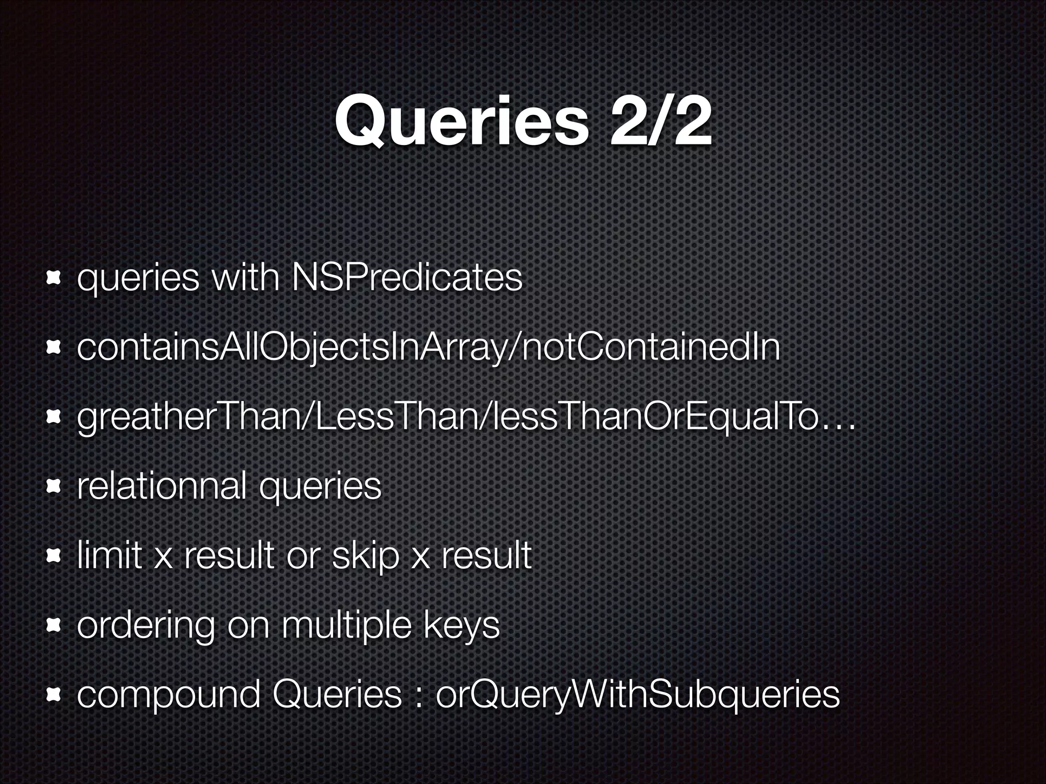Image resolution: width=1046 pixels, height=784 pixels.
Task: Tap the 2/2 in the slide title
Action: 659,122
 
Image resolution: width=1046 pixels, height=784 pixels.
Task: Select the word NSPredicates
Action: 407,278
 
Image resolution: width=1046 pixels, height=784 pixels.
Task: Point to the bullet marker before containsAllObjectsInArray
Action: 53,348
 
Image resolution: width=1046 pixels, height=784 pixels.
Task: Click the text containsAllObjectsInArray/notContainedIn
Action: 429,348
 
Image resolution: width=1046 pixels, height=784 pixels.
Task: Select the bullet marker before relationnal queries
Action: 53,487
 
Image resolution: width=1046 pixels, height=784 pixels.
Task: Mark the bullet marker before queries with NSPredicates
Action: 53,278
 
